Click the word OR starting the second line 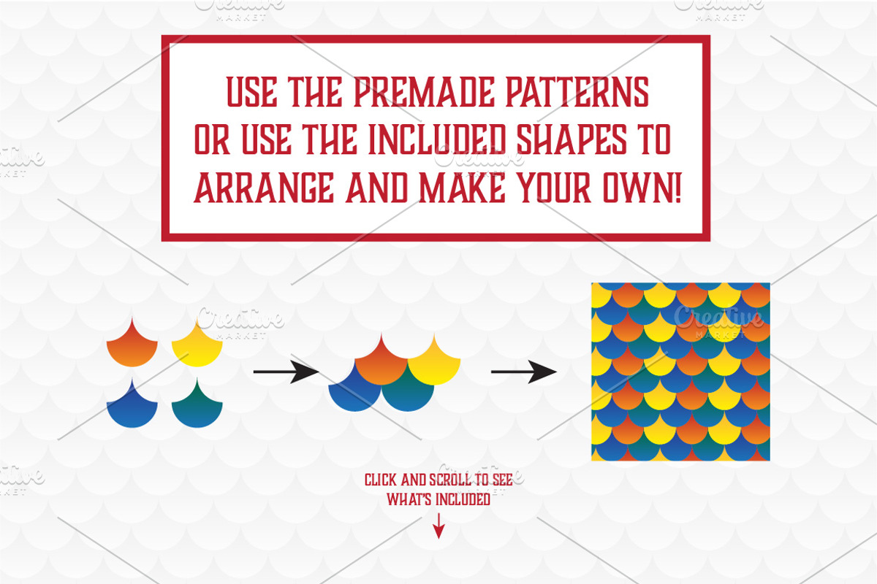pos(211,140)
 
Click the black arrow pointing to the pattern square pos(523,372)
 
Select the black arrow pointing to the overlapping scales pos(285,372)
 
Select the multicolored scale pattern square pos(680,372)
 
